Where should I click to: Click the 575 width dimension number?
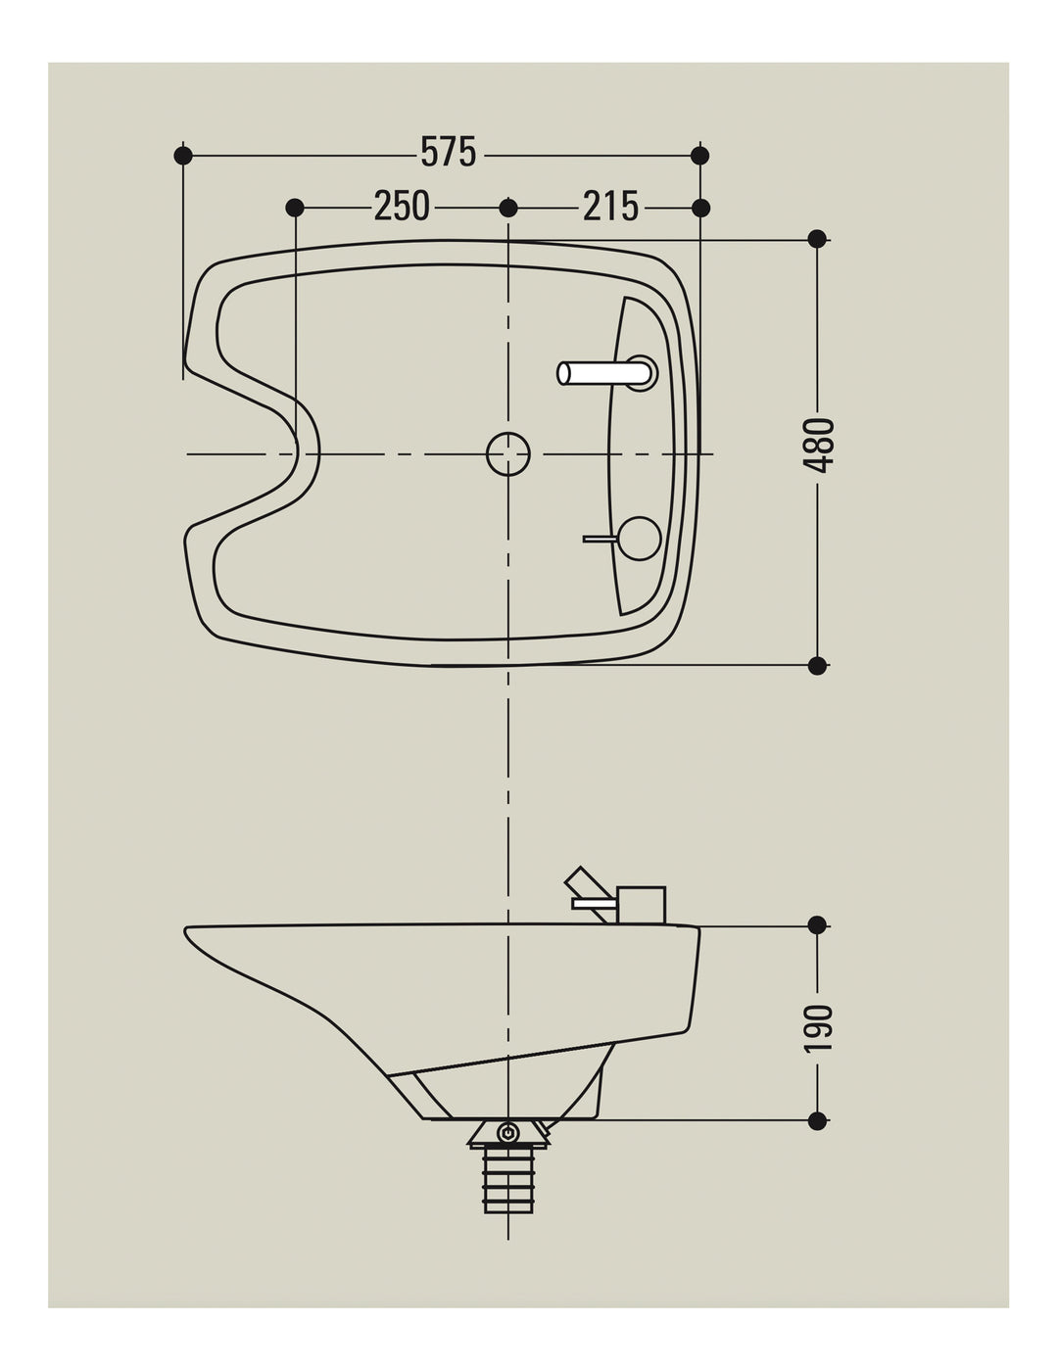[x=448, y=153]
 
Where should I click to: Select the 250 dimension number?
[x=402, y=206]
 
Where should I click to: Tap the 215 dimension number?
[x=610, y=206]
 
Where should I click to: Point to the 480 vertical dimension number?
[x=818, y=445]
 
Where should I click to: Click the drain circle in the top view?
[x=507, y=453]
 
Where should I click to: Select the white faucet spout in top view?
[x=603, y=373]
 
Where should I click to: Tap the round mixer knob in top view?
[x=640, y=539]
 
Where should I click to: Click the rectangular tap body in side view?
[x=641, y=906]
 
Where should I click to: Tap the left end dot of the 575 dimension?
[x=183, y=155]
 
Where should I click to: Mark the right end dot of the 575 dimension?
[x=699, y=155]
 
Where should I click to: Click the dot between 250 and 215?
[x=507, y=208]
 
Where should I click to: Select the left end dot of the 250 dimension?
[x=295, y=208]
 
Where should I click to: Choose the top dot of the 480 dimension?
[x=817, y=239]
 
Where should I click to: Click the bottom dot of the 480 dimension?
[x=817, y=665]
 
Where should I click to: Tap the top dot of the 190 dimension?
[x=817, y=925]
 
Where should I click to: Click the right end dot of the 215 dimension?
[x=700, y=208]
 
